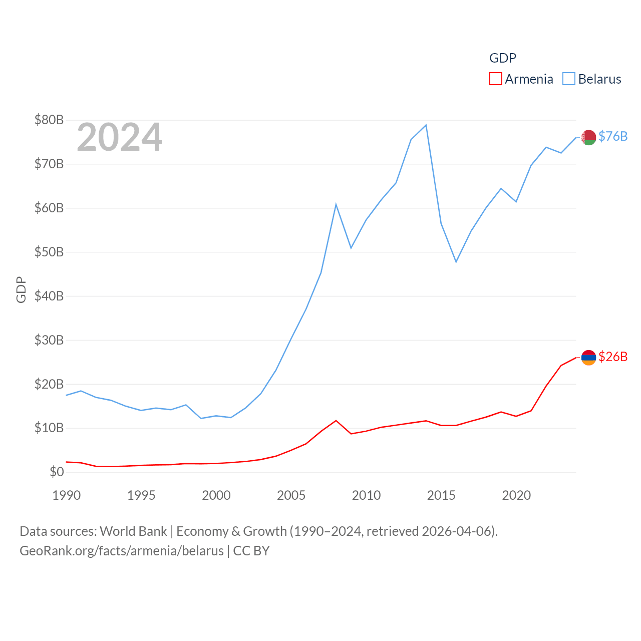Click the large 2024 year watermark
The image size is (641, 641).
120,137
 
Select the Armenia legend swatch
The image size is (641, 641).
495,79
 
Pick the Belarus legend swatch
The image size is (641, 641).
569,79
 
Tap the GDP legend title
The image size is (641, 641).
502,58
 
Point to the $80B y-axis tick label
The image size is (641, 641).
49,120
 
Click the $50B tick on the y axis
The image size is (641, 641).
49,252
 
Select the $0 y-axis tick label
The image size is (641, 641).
57,472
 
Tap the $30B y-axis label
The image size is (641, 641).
49,340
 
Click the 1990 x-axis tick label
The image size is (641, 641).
66,495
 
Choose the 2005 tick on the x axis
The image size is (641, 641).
291,495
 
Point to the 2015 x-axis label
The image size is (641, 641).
441,495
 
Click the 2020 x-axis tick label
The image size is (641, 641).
516,495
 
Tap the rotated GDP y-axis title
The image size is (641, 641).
21,289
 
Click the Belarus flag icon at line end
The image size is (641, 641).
588,137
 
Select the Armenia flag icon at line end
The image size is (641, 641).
588,357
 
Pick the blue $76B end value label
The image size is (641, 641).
613,136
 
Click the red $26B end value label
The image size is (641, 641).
613,357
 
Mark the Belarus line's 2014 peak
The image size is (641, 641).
426,125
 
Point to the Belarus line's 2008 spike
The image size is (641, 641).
336,204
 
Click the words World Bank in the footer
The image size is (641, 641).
133,531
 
